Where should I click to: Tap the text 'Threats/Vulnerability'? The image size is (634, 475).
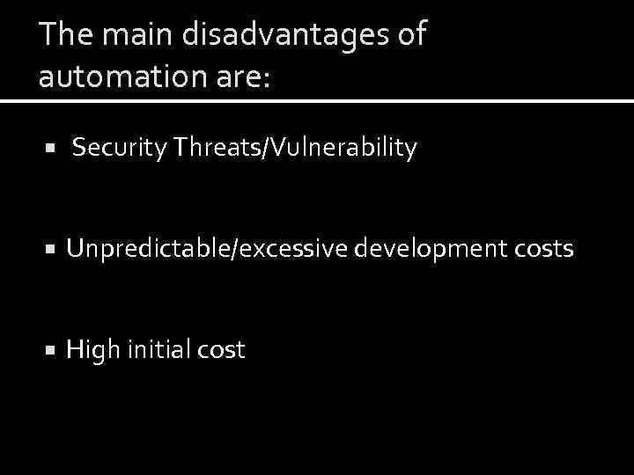[295, 149]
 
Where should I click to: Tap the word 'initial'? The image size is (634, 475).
[160, 349]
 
